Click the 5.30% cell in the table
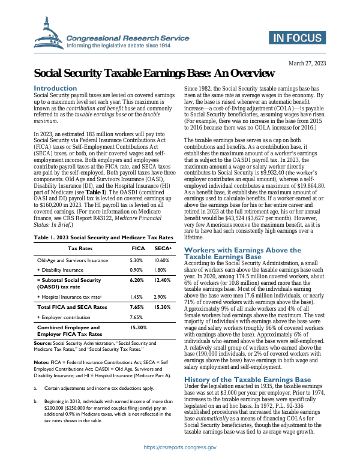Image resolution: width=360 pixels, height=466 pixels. pyautogui.click(x=136, y=261)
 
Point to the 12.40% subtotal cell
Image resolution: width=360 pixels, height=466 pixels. pyautogui.click(x=161, y=280)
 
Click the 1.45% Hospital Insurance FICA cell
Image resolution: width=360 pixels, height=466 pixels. pyautogui.click(x=136, y=297)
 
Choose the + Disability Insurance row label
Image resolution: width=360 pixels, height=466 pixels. pyautogui.click(x=63, y=270)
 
